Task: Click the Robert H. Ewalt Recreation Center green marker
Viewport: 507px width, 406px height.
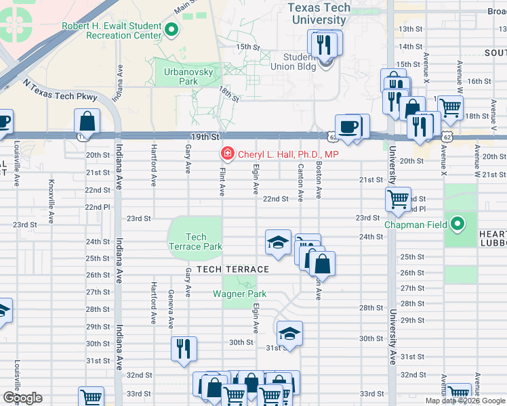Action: point(171,30)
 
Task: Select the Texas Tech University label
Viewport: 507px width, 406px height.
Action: point(319,14)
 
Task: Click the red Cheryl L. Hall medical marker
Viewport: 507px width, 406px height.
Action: point(226,155)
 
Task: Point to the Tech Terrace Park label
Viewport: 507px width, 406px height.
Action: point(196,242)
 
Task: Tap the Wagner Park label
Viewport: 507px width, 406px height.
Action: point(239,294)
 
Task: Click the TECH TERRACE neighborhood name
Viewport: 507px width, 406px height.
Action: point(232,269)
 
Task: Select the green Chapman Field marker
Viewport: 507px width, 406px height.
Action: point(458,224)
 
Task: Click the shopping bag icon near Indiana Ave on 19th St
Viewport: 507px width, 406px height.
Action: point(87,122)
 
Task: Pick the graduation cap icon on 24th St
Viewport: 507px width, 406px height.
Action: point(277,242)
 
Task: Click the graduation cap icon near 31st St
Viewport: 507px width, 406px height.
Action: point(289,333)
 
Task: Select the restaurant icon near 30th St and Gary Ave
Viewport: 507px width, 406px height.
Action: point(184,348)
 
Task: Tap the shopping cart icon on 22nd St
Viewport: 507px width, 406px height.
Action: point(397,199)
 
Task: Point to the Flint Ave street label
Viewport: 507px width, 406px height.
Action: point(222,183)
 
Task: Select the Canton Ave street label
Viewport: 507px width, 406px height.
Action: point(300,182)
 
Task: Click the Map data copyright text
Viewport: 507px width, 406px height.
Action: point(465,401)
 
